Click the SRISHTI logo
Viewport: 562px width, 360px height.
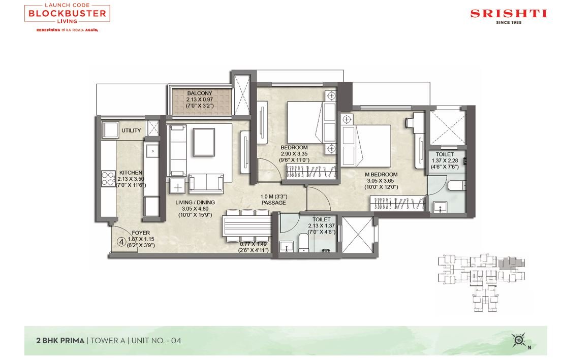509,16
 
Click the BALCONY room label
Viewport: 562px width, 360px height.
200,93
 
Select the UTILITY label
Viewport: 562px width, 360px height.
131,130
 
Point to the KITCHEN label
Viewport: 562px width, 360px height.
131,173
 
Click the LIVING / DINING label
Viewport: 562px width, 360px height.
195,203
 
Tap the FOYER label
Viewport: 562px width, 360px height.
141,233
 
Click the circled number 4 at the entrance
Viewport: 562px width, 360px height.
121,242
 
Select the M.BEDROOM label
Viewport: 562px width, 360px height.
381,175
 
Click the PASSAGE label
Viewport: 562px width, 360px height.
274,203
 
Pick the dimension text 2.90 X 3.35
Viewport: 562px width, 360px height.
294,154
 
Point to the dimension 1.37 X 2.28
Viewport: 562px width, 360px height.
445,161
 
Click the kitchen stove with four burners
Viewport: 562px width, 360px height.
108,178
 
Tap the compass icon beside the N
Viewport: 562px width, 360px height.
518,340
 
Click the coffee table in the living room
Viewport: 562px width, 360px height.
204,142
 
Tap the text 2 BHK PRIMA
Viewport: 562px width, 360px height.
60,341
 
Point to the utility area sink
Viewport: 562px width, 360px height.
110,129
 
